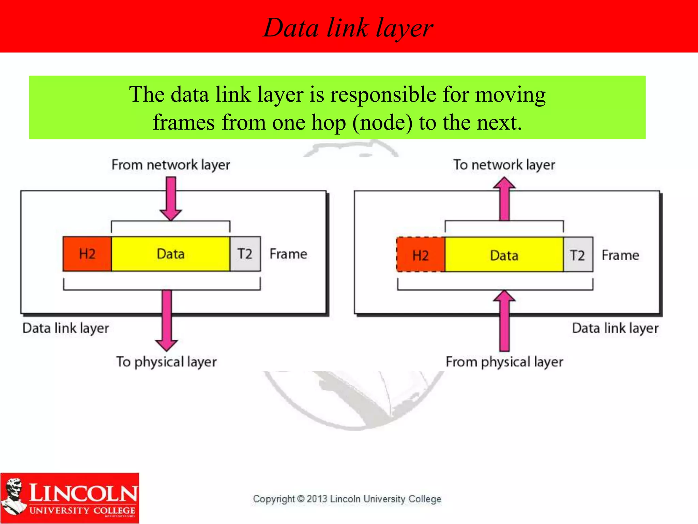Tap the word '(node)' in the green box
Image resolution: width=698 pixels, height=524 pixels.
pos(382,123)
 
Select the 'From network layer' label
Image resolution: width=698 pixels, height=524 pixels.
pos(171,165)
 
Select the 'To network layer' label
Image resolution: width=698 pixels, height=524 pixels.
pos(504,165)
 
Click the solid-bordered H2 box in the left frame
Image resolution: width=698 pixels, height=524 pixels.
pos(87,254)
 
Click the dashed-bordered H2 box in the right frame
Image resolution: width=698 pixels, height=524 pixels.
pos(421,255)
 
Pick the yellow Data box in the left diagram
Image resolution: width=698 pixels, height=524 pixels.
pos(171,254)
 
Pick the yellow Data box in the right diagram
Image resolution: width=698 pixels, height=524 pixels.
pos(504,255)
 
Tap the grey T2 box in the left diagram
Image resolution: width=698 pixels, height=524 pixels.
pos(245,254)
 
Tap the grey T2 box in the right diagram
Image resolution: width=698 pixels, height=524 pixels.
pos(578,255)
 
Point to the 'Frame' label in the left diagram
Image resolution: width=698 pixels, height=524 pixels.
pos(288,254)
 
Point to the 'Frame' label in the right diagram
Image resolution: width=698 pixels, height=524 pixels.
pos(620,255)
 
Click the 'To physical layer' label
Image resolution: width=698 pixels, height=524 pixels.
pos(167,362)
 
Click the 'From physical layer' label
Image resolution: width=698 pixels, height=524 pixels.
pos(504,362)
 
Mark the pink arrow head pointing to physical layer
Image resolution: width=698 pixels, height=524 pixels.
pos(167,345)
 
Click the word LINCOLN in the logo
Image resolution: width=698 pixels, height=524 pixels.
pos(83,493)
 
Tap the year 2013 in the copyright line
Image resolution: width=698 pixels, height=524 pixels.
pos(317,499)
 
